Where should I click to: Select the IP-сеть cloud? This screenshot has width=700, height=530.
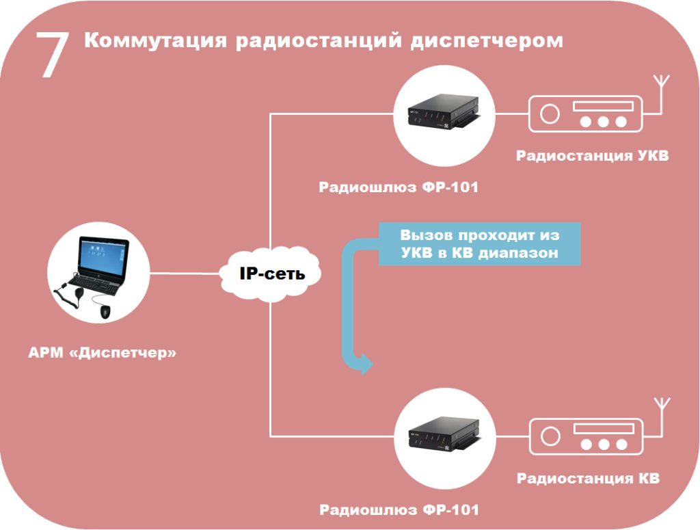(x=271, y=274)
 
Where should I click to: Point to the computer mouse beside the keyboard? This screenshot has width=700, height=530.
(x=105, y=312)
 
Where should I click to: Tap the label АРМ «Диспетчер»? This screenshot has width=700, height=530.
(x=103, y=354)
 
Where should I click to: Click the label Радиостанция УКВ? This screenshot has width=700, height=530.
(x=592, y=156)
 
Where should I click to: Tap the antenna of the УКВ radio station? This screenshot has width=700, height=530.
(x=660, y=92)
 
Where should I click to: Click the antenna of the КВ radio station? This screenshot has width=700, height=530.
(x=660, y=414)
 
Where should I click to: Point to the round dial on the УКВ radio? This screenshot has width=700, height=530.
(x=549, y=114)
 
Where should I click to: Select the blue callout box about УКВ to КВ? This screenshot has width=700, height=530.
(x=479, y=243)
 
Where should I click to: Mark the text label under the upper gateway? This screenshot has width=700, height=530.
(x=399, y=187)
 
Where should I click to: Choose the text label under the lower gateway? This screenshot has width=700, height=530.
(x=399, y=510)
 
